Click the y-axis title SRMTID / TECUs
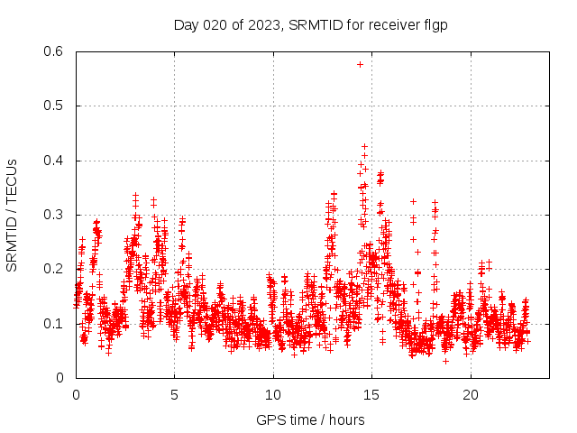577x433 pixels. point(12,215)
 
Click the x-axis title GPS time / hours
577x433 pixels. point(310,419)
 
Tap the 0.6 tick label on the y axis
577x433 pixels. point(55,51)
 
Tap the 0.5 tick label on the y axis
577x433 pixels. point(55,106)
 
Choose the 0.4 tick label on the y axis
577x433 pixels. point(55,161)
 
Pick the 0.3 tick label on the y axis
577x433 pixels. point(55,215)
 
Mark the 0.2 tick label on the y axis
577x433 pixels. point(55,269)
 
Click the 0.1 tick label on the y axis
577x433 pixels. point(55,323)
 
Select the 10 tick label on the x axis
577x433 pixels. point(273,395)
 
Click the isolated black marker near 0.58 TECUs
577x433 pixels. point(360,64)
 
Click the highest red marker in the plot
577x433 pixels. point(365,146)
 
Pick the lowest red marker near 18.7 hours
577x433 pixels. point(445,361)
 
